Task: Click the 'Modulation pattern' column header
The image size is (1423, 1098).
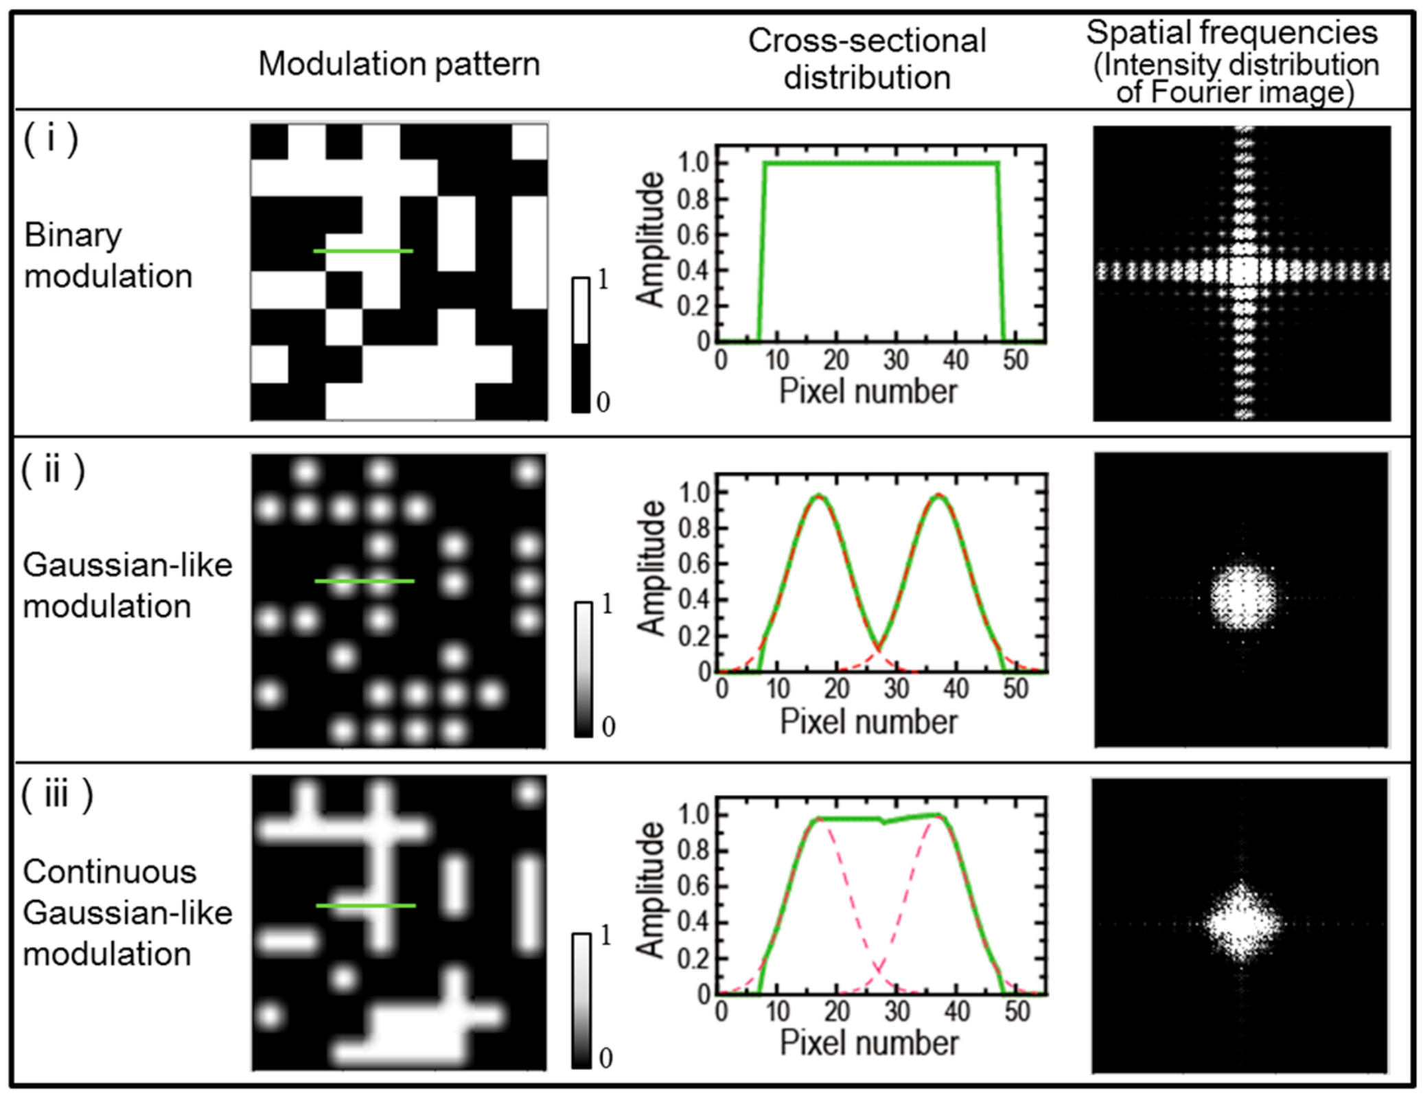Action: [x=399, y=65]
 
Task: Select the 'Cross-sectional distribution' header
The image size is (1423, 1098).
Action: [x=866, y=59]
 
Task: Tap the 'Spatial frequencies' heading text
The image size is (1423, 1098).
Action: [x=1232, y=33]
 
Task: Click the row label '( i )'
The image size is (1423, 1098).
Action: [x=51, y=139]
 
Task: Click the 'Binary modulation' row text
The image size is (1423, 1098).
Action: [x=108, y=255]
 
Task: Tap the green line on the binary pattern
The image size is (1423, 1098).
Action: [x=363, y=251]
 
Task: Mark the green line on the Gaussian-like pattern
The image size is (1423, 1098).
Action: [x=364, y=582]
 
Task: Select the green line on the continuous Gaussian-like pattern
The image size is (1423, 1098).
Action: [x=365, y=906]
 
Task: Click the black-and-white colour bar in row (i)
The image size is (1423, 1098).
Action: [x=581, y=345]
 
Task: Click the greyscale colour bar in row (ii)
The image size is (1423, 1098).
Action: [x=583, y=670]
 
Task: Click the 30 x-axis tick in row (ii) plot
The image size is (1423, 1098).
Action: [x=896, y=688]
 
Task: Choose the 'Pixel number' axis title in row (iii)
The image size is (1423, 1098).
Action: [x=869, y=1043]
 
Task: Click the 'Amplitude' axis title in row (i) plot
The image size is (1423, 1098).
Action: [x=650, y=239]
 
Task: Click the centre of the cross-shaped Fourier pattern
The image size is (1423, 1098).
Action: [x=1243, y=271]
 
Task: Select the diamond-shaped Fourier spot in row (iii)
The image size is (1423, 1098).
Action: [x=1242, y=924]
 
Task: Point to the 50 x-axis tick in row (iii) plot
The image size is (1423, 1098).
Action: [x=1017, y=1011]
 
